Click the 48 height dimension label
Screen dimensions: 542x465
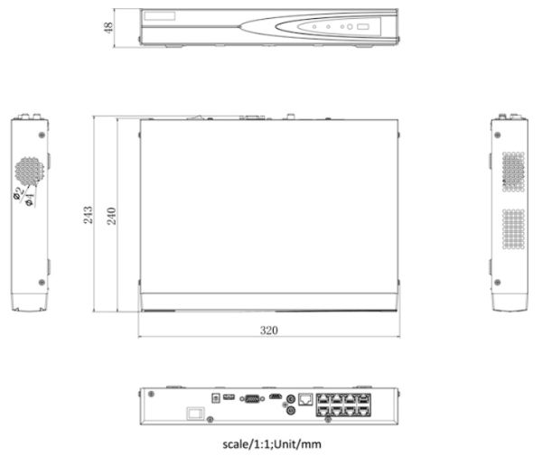click(x=108, y=27)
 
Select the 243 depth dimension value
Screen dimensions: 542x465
click(x=89, y=215)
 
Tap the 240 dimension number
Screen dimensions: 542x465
click(x=111, y=216)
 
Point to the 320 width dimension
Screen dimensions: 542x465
click(x=269, y=330)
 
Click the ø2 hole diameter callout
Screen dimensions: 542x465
click(x=19, y=192)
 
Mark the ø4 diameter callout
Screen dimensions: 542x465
click(x=30, y=200)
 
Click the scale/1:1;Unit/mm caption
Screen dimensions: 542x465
click(x=272, y=444)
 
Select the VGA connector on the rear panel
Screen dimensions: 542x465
click(x=252, y=399)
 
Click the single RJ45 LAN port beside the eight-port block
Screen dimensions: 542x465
click(x=305, y=399)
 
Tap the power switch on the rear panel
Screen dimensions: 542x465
click(x=196, y=414)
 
